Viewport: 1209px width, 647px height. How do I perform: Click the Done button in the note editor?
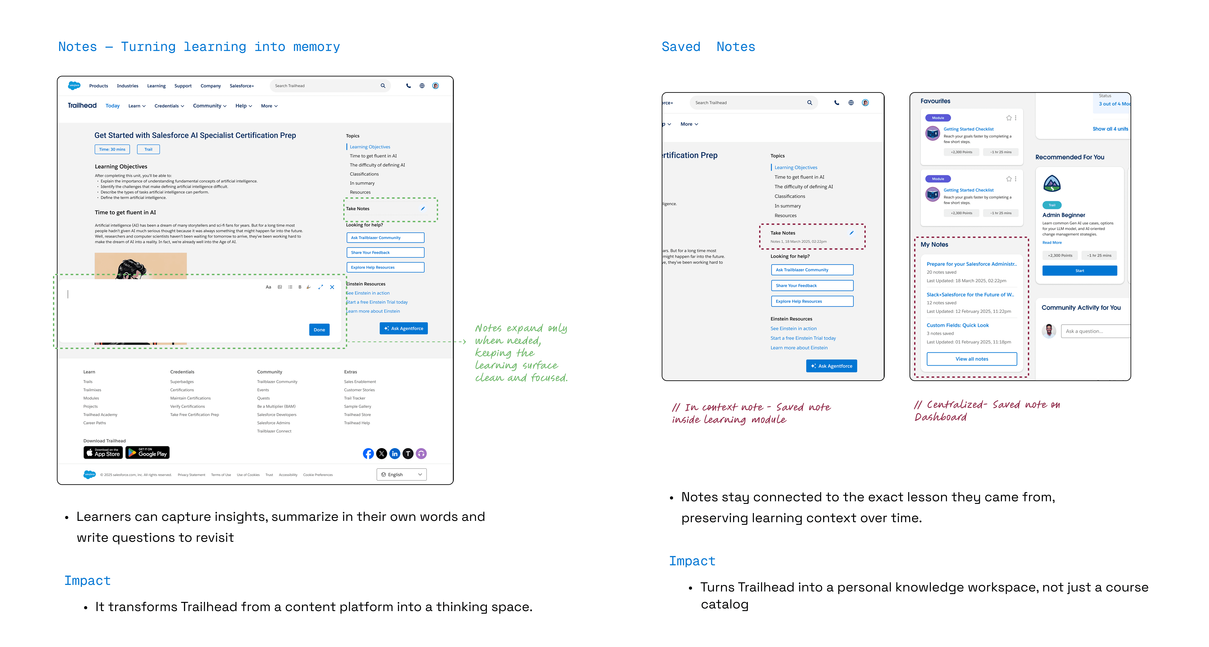(319, 330)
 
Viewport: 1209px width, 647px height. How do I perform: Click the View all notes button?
(971, 359)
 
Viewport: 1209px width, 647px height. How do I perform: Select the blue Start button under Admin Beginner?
(1080, 271)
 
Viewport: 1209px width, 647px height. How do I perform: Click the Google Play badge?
(147, 453)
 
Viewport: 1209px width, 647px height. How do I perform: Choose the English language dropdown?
(401, 474)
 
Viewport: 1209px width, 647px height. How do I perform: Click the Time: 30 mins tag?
(112, 149)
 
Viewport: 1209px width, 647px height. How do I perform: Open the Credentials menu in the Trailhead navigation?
(169, 106)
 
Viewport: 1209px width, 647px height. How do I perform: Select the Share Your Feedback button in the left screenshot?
(385, 252)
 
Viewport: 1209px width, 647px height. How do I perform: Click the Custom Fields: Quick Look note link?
(957, 325)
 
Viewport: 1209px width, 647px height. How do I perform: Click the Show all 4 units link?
(1110, 129)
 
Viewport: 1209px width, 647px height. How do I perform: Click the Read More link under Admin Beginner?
(1052, 242)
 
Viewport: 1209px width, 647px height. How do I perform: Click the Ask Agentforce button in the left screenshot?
(404, 329)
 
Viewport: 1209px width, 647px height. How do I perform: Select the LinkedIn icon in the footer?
(395, 454)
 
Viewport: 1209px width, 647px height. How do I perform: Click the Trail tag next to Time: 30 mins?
(148, 149)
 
